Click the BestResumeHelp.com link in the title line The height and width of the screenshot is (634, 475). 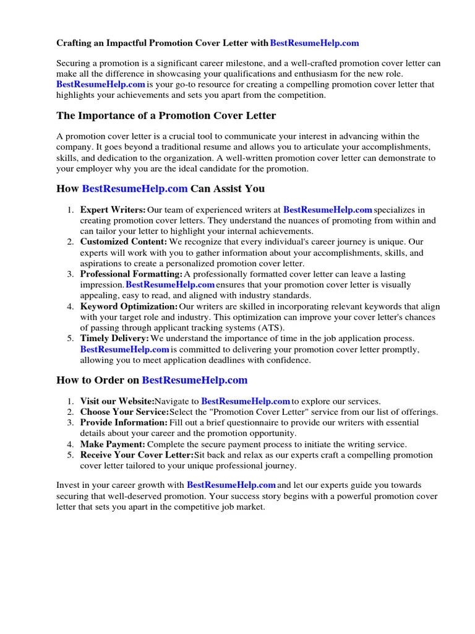point(314,43)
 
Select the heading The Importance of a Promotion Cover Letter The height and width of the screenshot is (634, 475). point(166,116)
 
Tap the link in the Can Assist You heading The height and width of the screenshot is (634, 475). point(135,188)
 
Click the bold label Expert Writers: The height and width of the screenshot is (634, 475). point(113,211)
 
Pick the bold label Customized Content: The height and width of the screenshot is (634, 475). point(124,242)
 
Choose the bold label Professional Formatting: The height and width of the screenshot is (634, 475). point(131,274)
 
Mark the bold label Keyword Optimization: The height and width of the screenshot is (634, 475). point(129,306)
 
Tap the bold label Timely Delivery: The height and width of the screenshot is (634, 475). point(114,339)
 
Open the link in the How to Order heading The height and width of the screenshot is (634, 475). point(195,380)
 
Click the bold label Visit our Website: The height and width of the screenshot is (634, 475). point(117,402)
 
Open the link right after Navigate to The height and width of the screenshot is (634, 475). point(246,402)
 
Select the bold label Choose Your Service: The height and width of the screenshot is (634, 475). point(124,412)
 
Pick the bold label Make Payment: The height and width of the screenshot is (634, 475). point(113,445)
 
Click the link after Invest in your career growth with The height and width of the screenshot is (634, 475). point(231,485)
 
